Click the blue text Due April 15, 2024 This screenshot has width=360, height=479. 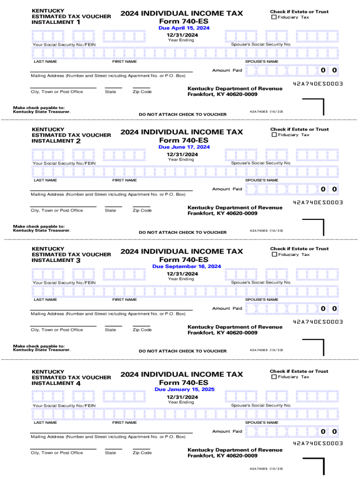pos(184,28)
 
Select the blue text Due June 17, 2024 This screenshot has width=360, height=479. pos(184,147)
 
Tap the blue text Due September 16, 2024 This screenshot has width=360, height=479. pos(187,267)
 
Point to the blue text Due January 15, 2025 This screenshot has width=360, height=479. pos(185,390)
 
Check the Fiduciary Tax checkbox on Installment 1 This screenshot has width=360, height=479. pos(274,17)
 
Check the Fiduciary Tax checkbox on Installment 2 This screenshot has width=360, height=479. pos(274,135)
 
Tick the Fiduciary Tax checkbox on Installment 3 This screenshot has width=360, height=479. pos(274,254)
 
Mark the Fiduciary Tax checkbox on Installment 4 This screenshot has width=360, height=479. pos(274,377)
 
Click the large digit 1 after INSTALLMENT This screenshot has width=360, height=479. pos(78,22)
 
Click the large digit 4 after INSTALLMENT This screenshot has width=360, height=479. pos(78,383)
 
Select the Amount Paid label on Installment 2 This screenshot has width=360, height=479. pos(227,189)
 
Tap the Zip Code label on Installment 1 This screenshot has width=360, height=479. pos(142,92)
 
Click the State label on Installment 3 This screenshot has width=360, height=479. pos(111,330)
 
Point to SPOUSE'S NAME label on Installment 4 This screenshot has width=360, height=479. pos(262,422)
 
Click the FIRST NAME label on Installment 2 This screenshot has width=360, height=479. pos(124,180)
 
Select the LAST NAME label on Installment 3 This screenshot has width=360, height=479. pos(45,299)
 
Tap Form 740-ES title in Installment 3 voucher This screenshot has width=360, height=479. pos(184,260)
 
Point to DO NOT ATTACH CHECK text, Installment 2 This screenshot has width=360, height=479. pos(183,232)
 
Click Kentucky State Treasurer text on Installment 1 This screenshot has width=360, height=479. pos(42,112)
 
